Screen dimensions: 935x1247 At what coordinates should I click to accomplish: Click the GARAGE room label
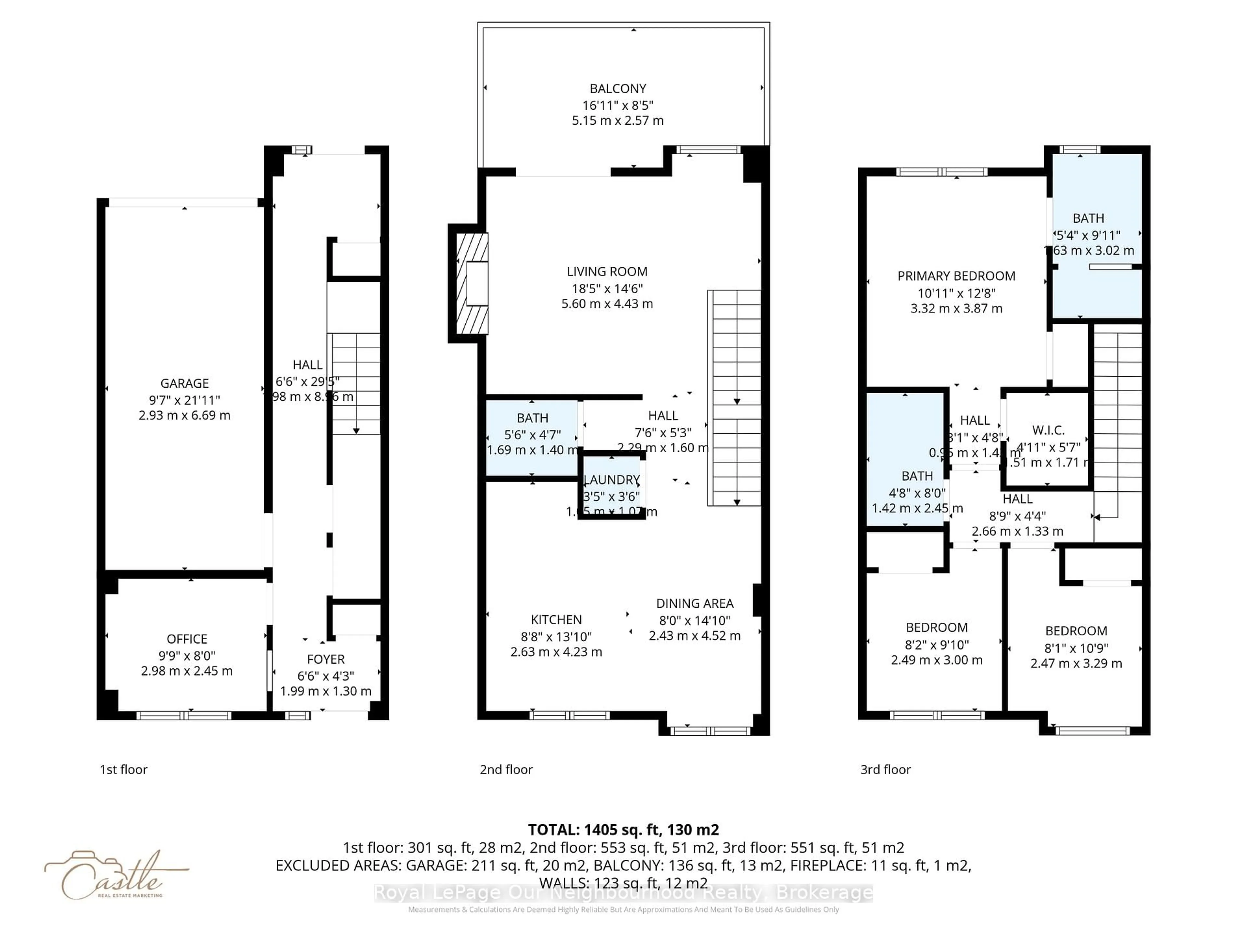tap(184, 383)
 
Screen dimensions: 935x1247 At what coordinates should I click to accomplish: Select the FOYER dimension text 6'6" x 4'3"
tap(325, 675)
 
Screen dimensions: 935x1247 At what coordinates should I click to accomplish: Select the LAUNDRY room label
tap(612, 480)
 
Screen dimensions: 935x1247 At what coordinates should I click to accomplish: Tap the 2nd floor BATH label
tap(532, 418)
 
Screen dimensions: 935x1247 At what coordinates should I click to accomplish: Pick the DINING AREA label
tap(695, 603)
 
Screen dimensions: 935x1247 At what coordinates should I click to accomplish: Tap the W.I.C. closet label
tap(1048, 430)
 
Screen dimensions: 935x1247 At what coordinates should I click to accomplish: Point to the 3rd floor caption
tap(885, 769)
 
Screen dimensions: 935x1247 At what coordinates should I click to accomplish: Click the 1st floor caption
tap(123, 769)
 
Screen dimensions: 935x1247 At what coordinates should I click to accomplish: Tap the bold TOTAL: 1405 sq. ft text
tap(623, 829)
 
